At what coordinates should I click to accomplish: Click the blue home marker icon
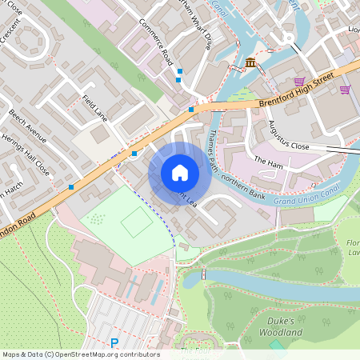180,173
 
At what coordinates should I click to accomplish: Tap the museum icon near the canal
251,63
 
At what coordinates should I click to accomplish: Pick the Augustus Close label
288,137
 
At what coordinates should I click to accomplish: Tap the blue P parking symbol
114,343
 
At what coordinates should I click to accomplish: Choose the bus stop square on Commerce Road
179,72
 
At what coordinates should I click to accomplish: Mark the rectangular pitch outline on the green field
137,222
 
